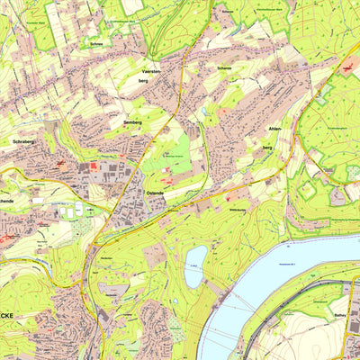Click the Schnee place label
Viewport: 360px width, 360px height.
(x=96, y=41)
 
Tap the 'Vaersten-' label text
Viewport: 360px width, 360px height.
(x=157, y=69)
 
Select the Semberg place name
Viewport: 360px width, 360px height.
(x=133, y=121)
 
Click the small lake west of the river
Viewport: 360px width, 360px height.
(x=195, y=266)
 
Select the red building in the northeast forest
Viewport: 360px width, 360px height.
(x=346, y=67)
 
